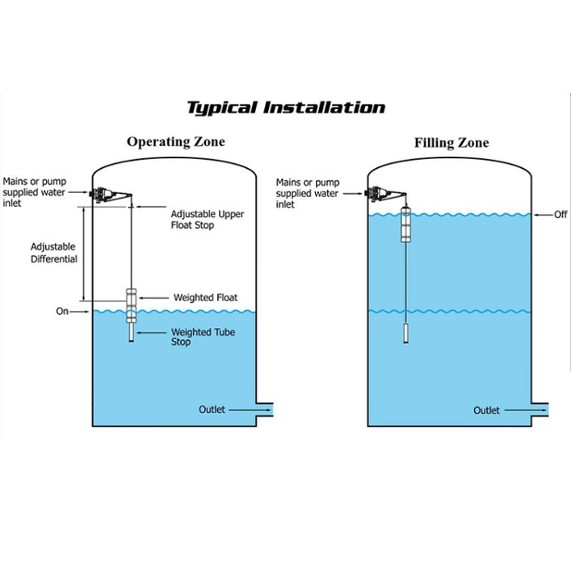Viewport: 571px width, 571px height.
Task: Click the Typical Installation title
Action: (x=286, y=108)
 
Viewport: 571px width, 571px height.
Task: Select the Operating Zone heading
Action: (x=176, y=142)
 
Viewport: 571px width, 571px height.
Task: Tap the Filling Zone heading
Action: (x=451, y=143)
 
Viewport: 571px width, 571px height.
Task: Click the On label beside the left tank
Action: (x=62, y=312)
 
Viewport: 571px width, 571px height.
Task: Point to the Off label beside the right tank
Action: (x=561, y=215)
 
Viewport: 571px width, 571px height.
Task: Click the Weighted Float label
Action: (x=205, y=297)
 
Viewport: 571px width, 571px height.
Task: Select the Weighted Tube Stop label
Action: (x=203, y=337)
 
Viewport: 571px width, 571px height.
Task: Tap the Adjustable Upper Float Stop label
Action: (x=208, y=220)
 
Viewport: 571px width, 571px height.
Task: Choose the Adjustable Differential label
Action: (x=54, y=253)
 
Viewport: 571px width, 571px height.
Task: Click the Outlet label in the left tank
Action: (x=212, y=409)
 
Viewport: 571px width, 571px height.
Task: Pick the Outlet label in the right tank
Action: (x=486, y=411)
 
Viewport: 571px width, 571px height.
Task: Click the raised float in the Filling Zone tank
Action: (x=406, y=225)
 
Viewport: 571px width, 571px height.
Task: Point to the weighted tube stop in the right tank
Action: (x=406, y=334)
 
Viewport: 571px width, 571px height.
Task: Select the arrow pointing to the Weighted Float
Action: (x=153, y=298)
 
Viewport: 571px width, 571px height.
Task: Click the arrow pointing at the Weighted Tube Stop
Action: (x=151, y=333)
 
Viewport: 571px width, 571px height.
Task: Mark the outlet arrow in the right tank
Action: (x=526, y=410)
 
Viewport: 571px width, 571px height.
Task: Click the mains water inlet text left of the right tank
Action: (x=308, y=193)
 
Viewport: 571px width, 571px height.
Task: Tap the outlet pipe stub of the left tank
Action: (x=265, y=409)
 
